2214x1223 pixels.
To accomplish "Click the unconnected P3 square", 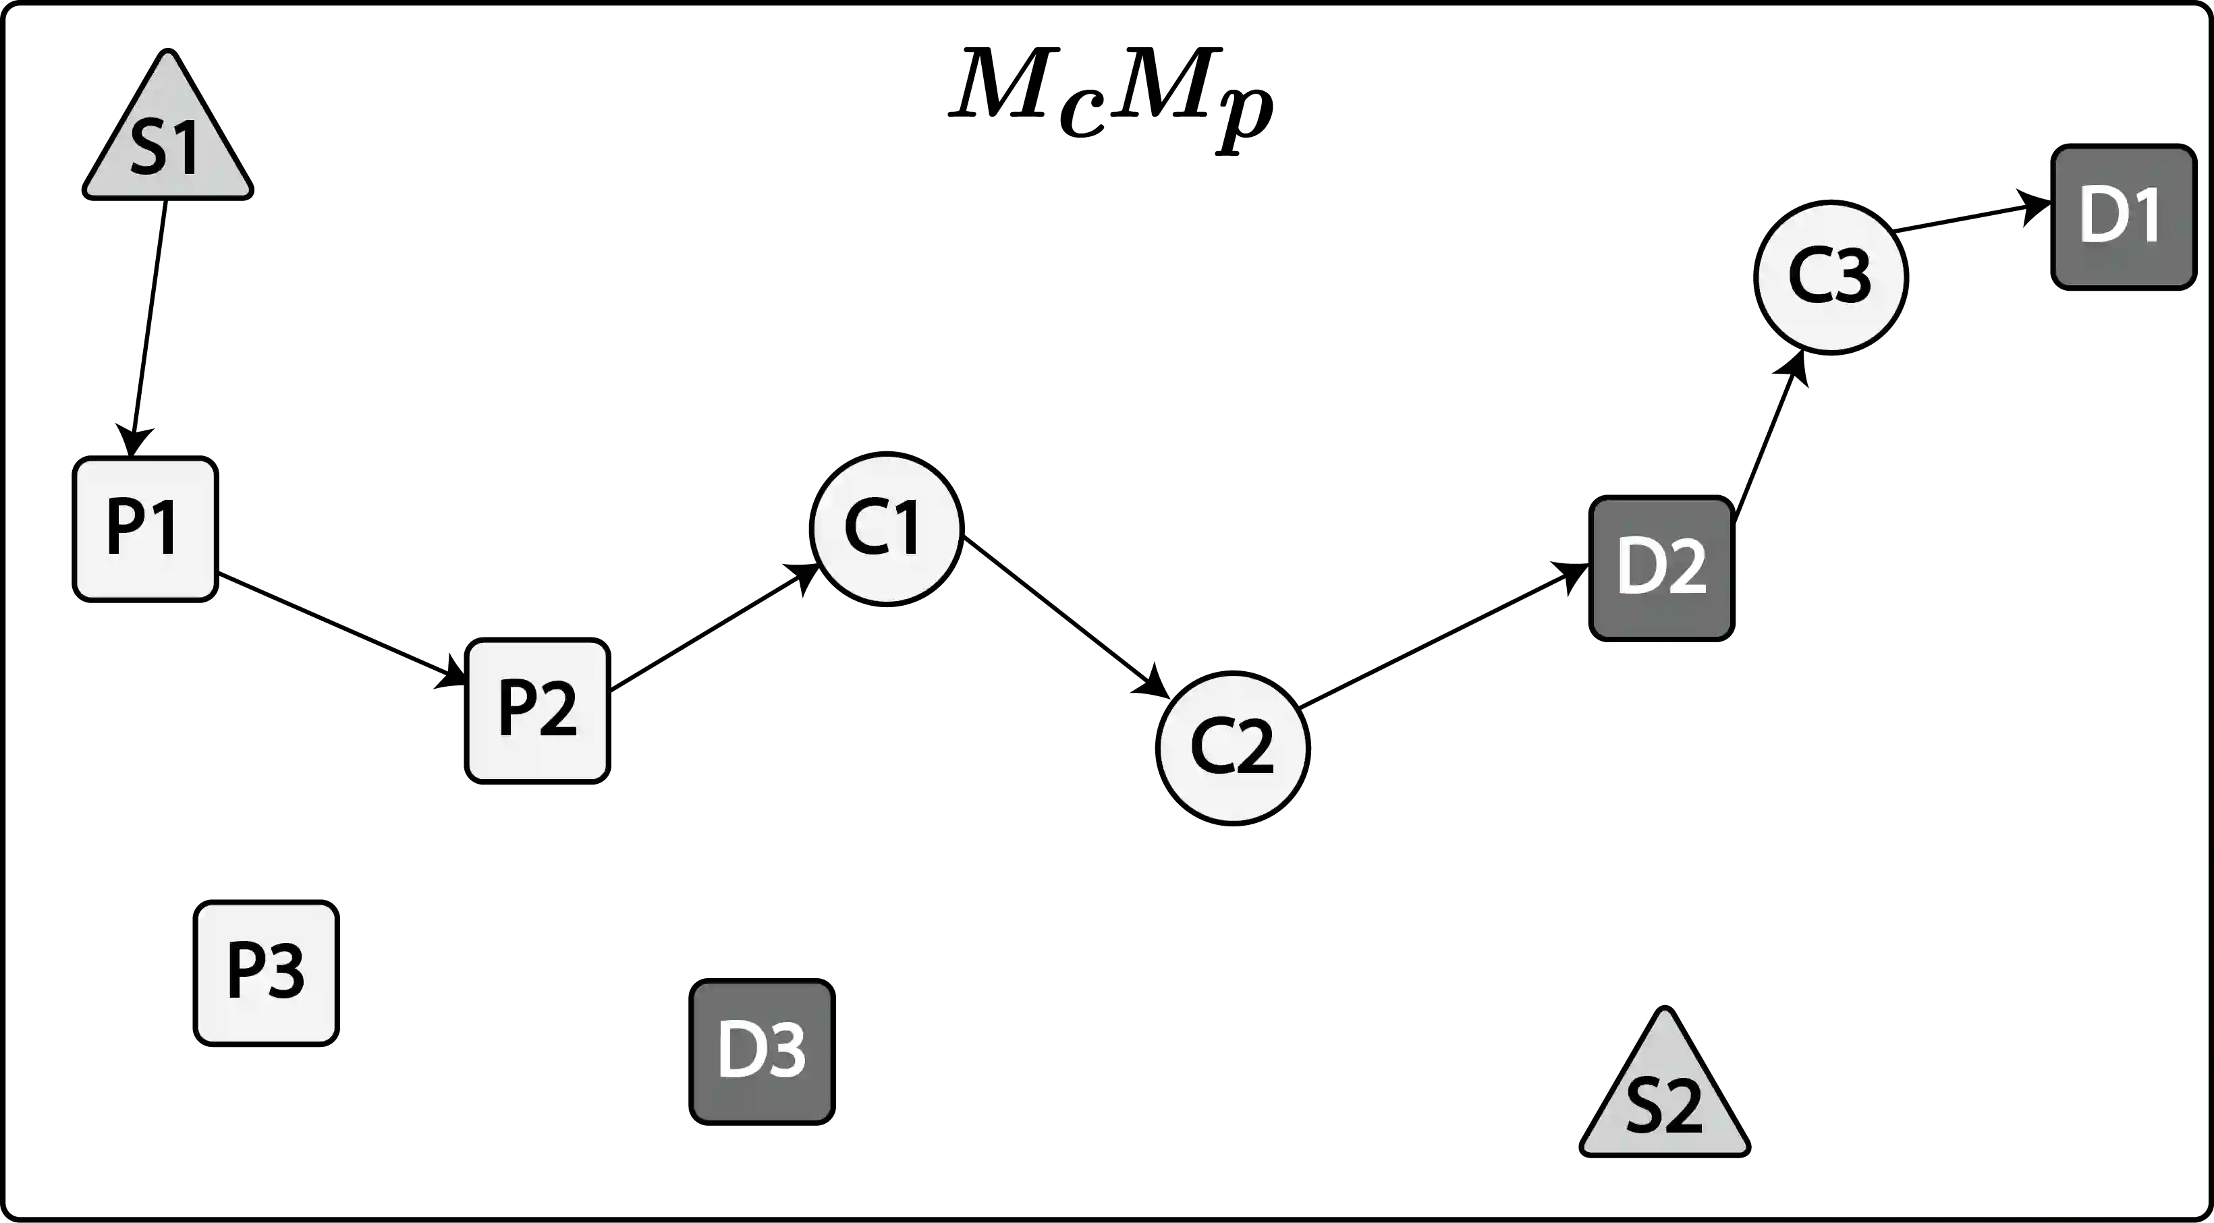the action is pos(265,972).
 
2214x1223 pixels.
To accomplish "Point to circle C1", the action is pos(886,528).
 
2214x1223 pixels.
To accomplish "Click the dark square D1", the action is pos(2121,216).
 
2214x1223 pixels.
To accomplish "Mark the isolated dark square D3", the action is pos(761,1051).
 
